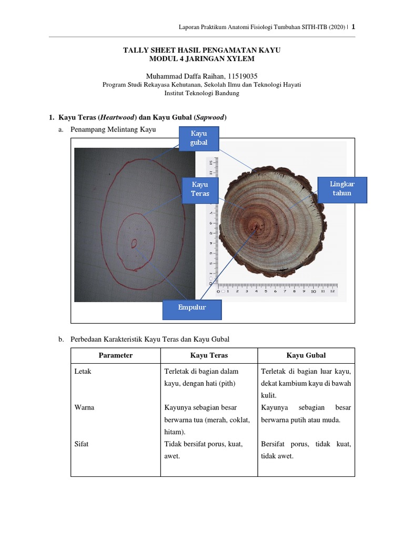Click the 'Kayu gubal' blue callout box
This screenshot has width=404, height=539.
coord(199,138)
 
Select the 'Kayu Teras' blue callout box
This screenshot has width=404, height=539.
coord(199,189)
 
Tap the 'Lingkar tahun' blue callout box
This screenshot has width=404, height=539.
coord(342,189)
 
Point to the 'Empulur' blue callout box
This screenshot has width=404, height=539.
coord(191,309)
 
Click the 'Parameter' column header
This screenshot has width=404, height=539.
coord(115,355)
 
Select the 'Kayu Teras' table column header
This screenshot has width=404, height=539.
coord(208,355)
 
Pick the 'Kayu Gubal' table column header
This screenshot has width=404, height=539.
coord(306,355)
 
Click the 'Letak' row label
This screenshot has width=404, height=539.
coord(83,371)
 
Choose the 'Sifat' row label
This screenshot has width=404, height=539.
coord(81,444)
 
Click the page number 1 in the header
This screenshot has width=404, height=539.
coord(353,27)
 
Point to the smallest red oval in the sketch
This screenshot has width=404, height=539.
coord(134,243)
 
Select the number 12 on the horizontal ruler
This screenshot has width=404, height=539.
coord(332,291)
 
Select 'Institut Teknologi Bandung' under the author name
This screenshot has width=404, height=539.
coord(201,93)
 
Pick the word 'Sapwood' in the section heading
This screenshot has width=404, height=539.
coord(211,116)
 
